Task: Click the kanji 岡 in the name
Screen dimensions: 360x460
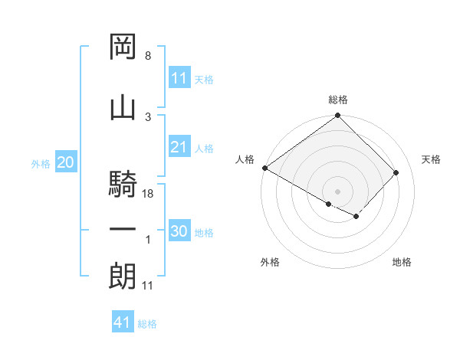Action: coord(123,47)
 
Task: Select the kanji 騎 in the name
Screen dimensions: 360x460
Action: coord(123,185)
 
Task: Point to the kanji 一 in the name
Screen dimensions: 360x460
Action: coord(123,229)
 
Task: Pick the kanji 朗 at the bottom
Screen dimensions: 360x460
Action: coord(123,277)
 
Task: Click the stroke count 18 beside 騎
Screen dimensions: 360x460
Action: coord(149,195)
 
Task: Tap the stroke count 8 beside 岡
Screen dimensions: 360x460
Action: coord(148,56)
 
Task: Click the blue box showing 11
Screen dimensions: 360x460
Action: coord(179,79)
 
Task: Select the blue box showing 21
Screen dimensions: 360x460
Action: coord(179,148)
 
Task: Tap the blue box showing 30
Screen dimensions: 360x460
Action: coord(179,232)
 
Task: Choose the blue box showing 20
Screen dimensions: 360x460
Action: coord(65,163)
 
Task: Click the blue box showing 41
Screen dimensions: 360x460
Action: coord(123,323)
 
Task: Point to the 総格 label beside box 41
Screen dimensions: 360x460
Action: coord(147,324)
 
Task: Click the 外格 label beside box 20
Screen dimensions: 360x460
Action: coord(41,164)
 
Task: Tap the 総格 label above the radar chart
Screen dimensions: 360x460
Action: coord(338,100)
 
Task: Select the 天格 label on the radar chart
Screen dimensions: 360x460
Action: coord(432,159)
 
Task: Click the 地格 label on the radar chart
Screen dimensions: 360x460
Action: coord(402,262)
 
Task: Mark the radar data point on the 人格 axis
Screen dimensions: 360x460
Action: coord(264,168)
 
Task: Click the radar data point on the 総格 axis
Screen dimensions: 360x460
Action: coord(337,116)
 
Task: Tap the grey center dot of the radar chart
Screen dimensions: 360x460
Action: coord(337,191)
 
